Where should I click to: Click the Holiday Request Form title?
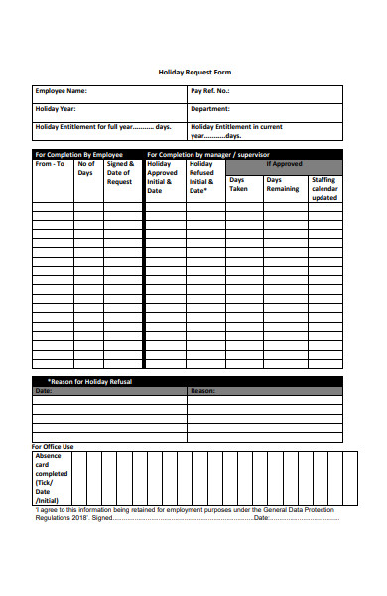pos(194,72)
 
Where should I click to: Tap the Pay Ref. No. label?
pos(210,91)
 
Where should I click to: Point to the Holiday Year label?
pos(58,109)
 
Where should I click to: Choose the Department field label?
pos(211,109)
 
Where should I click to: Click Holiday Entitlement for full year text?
pos(103,127)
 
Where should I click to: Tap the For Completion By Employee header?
pos(78,155)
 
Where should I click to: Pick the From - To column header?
pos(50,164)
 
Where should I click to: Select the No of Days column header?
pos(87,169)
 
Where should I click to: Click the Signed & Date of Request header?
pos(120,173)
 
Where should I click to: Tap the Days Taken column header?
pos(239,184)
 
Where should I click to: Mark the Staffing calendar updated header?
pos(324,189)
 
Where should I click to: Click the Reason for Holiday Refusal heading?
pos(89,381)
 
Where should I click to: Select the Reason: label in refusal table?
pos(202,391)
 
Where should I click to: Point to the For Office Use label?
pos(53,447)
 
